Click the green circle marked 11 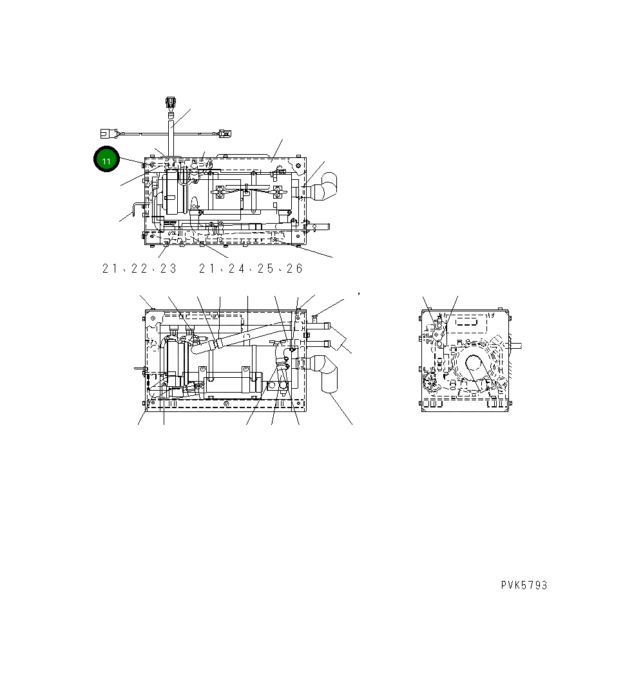click(107, 160)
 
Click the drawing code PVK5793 click(524, 585)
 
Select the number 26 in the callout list click(294, 269)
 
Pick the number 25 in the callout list click(265, 269)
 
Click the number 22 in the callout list click(139, 269)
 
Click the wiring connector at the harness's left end click(107, 134)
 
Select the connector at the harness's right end click(223, 134)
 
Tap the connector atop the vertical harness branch click(171, 103)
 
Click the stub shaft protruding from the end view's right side click(515, 345)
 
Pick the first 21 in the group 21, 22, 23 click(109, 269)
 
